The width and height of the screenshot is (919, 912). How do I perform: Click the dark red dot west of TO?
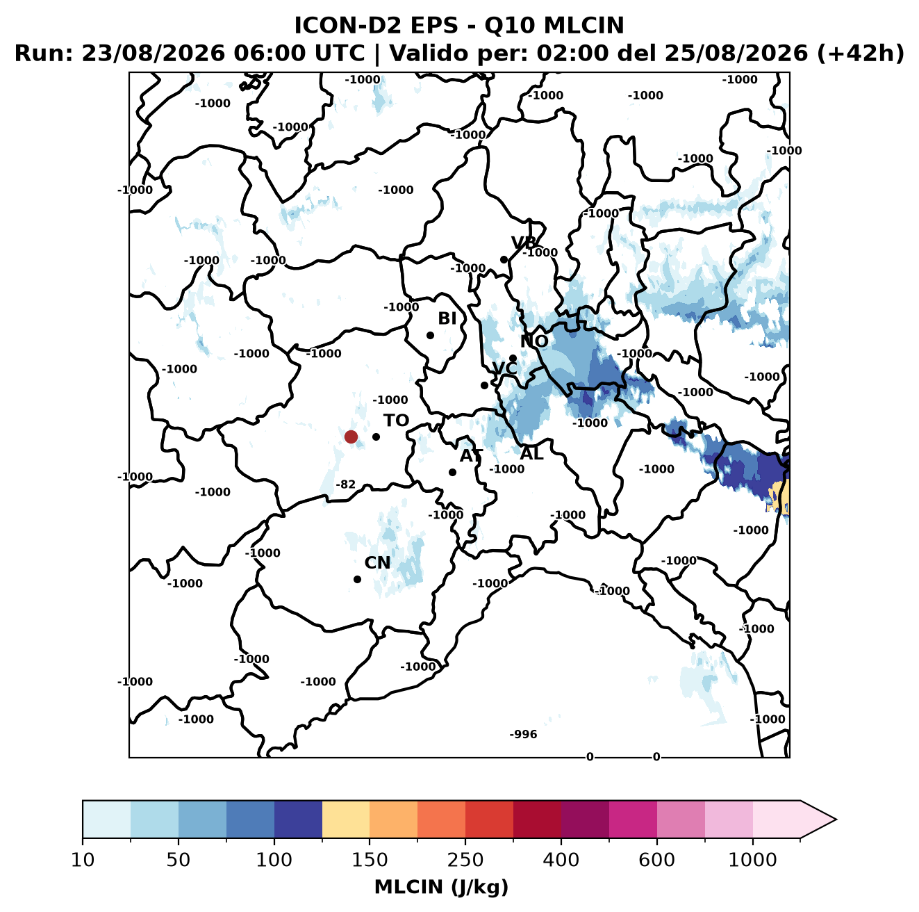tap(351, 437)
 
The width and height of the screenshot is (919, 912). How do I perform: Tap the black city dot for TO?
tap(376, 437)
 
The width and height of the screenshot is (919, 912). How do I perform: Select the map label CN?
tap(377, 562)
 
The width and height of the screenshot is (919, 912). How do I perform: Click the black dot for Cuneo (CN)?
tap(357, 579)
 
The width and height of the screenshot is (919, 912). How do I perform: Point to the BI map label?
tap(447, 318)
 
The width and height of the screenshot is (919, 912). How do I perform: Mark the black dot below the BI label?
tap(430, 336)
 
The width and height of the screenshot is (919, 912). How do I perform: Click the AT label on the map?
tap(471, 456)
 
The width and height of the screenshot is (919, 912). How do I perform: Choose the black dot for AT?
tap(452, 473)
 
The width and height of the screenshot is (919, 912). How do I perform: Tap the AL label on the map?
tap(531, 453)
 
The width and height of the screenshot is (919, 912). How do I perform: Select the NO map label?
tap(533, 341)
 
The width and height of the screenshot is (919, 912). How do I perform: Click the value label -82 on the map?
tap(346, 484)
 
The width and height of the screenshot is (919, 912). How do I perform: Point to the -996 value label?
tap(523, 734)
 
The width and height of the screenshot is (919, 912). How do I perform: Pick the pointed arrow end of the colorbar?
tap(836, 820)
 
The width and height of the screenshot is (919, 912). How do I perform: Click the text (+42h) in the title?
tap(861, 54)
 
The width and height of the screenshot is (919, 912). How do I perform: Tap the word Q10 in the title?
tap(509, 25)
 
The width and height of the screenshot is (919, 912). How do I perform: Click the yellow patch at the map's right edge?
tap(780, 497)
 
